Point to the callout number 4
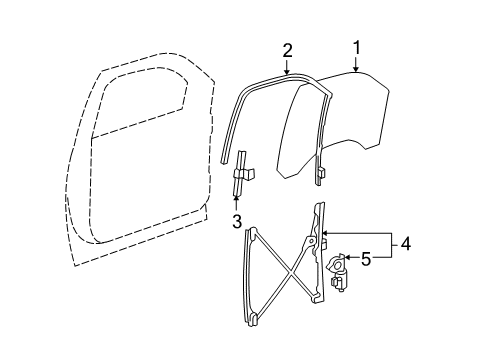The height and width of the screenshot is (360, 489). [406, 242]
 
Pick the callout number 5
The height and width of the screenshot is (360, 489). [365, 259]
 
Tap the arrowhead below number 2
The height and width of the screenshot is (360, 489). [286, 73]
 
